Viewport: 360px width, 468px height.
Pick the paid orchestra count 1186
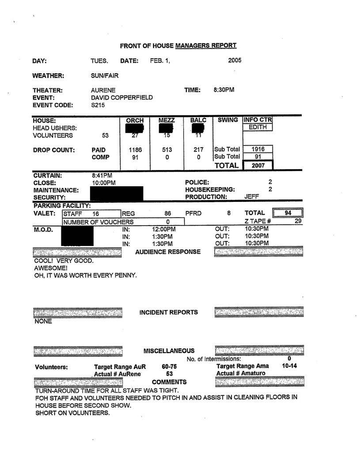[135, 149]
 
